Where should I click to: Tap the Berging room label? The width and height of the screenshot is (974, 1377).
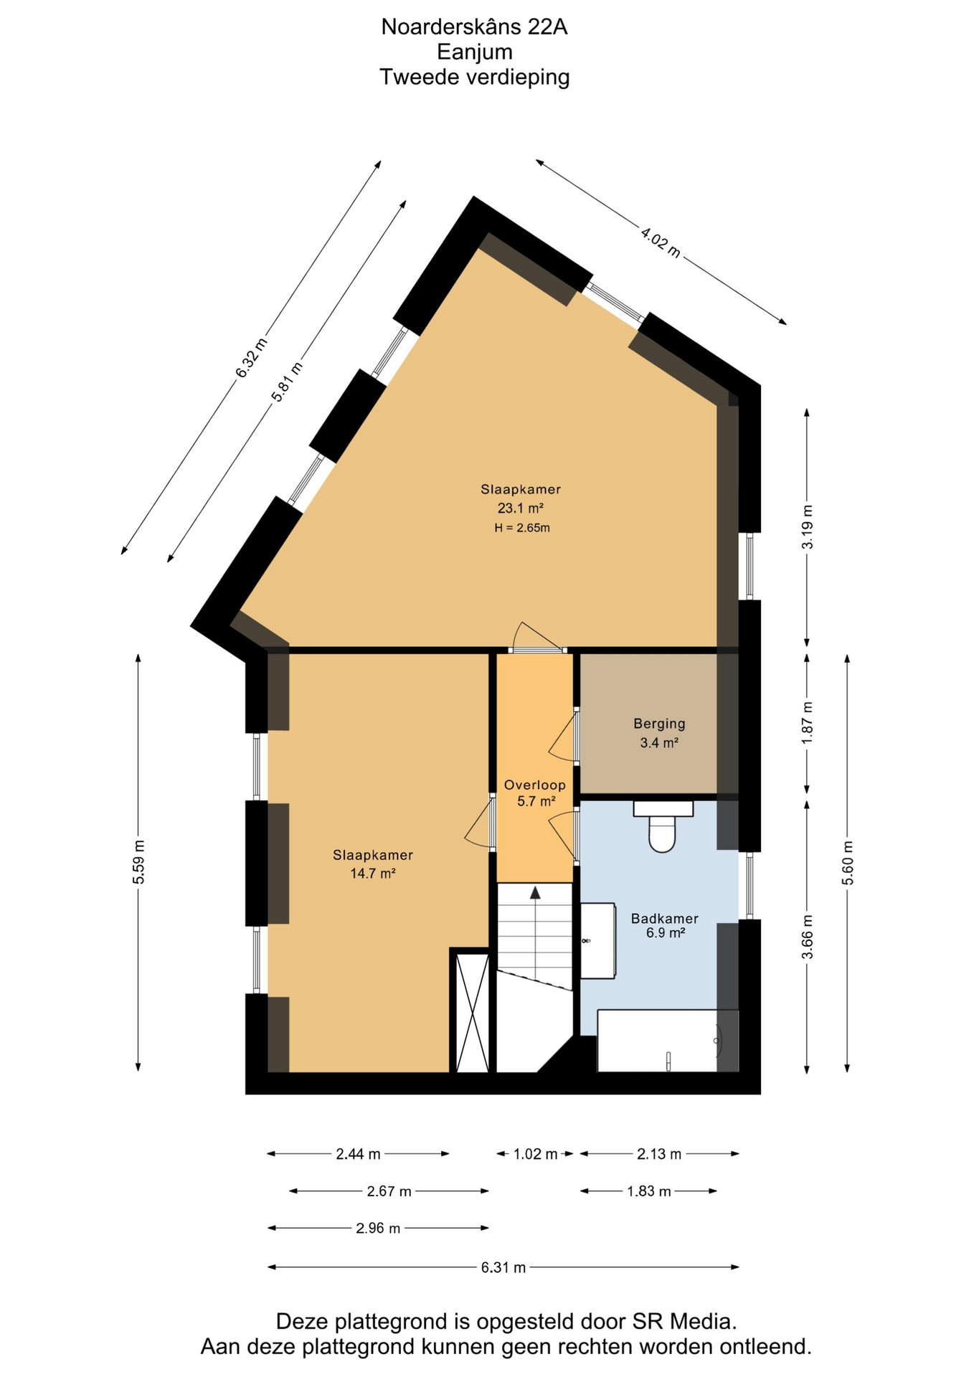tap(659, 724)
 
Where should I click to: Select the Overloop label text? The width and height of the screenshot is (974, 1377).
tap(534, 785)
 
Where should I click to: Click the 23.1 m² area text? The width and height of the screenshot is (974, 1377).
tap(521, 508)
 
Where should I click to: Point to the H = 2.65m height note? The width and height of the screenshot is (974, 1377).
tap(521, 529)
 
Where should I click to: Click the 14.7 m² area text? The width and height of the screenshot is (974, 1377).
tap(373, 874)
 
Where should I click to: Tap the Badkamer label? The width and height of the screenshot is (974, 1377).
tap(664, 918)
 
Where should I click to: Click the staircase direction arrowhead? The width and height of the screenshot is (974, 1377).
tap(535, 891)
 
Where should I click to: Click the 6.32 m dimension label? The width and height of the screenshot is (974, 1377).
tap(251, 356)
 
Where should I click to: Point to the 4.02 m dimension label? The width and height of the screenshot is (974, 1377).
tap(661, 242)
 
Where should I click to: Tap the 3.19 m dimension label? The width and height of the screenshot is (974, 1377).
tap(808, 526)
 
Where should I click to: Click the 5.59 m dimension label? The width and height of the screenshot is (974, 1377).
tap(138, 861)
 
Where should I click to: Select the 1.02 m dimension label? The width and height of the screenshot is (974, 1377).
tap(535, 1154)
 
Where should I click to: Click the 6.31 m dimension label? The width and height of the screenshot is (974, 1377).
tap(503, 1267)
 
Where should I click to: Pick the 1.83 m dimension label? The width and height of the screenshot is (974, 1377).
tap(648, 1191)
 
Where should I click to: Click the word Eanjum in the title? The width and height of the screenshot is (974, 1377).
tap(475, 52)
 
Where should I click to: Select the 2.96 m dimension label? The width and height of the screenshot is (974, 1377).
tap(378, 1229)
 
